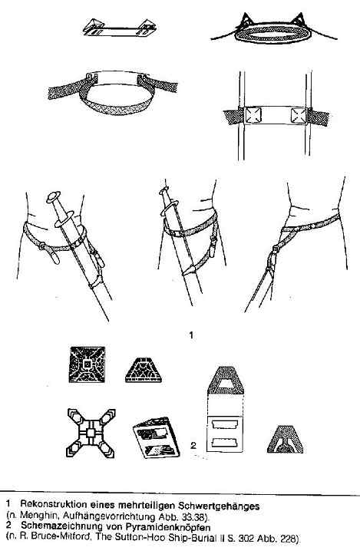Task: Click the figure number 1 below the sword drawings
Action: tap(191, 335)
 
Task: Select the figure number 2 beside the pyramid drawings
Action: tap(193, 445)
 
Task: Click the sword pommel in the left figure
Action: tap(53, 196)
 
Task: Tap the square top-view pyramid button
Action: tap(87, 364)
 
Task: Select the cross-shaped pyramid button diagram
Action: tap(91, 433)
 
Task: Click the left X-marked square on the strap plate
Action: tap(253, 115)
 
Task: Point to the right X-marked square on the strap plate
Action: tap(298, 115)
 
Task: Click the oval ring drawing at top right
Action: tap(272, 33)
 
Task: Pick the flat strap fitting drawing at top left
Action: tap(120, 28)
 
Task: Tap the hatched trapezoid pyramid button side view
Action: tap(144, 370)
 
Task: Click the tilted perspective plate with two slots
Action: tap(156, 438)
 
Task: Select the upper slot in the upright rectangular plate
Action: tap(224, 424)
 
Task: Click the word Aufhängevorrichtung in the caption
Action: tap(105, 516)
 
